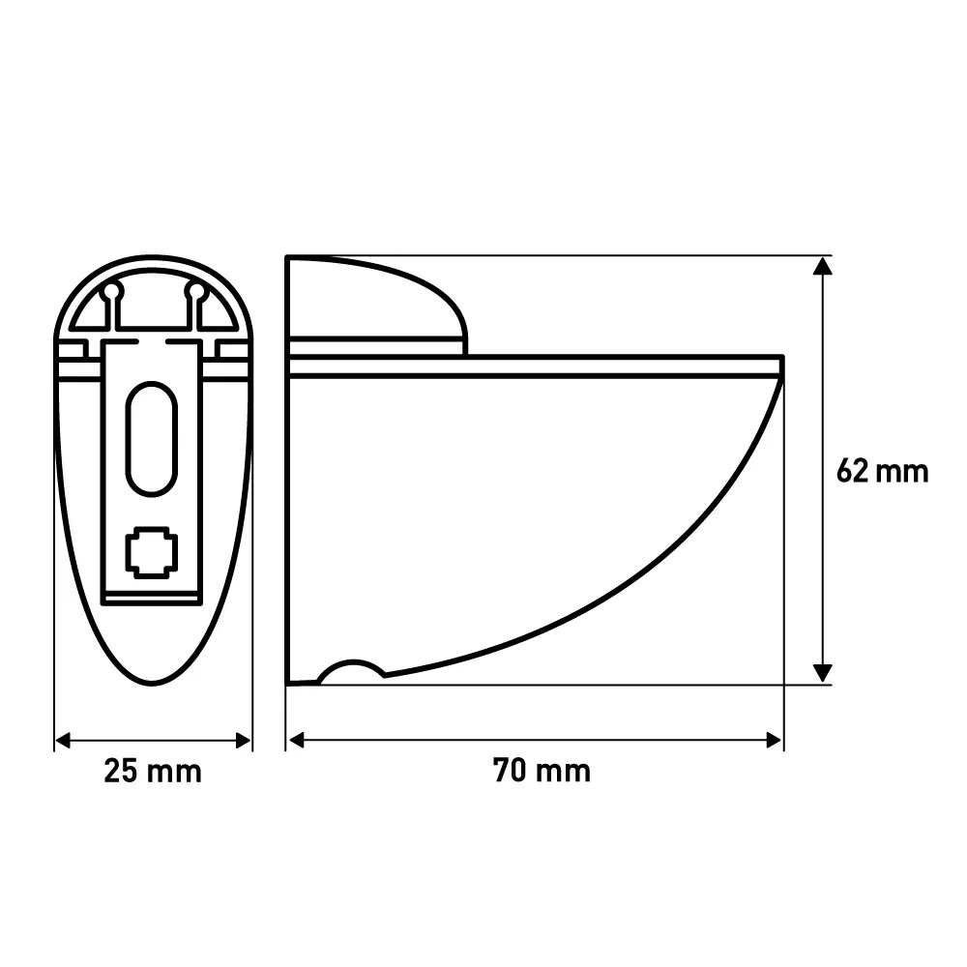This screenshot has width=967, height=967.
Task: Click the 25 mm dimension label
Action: pos(153,772)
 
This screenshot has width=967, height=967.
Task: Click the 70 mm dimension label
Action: pos(542,771)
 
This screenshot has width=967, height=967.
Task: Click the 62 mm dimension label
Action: pos(883,472)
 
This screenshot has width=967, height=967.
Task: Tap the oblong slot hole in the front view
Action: pos(152,438)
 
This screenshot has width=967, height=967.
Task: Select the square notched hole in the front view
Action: pos(152,552)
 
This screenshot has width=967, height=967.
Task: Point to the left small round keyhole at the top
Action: pos(111,291)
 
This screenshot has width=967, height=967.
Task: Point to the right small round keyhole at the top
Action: pos(195,291)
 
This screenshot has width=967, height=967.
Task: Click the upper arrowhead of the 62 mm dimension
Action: pos(823,265)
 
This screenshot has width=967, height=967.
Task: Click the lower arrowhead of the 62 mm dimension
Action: pos(823,673)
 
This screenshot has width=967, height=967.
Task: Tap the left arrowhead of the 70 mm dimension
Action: pos(297,740)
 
